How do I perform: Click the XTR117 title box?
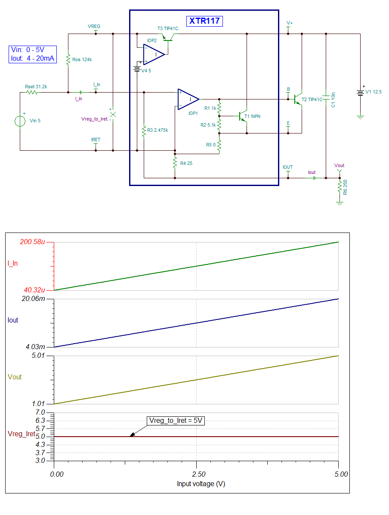tap(204, 21)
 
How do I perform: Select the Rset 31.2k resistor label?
tap(36, 87)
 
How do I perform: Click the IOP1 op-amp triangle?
tap(188, 99)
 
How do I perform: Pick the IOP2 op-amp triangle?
tap(154, 54)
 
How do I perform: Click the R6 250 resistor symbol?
tap(340, 186)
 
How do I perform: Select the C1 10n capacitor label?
tap(333, 100)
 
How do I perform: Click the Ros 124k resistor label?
tap(82, 59)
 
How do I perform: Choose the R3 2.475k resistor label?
tap(157, 130)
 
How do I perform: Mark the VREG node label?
tap(94, 27)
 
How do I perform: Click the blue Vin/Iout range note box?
tap(32, 55)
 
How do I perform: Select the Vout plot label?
tap(15, 377)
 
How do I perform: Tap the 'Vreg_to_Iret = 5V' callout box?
tap(176, 421)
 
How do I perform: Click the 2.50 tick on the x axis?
tap(197, 474)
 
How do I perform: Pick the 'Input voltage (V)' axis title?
tap(201, 484)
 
